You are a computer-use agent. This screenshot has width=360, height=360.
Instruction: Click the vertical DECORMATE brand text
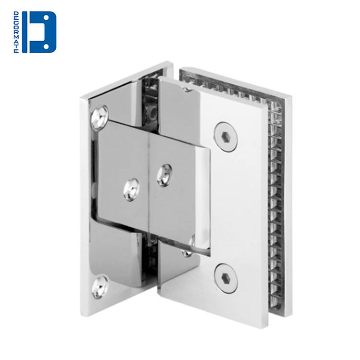[x=16, y=32]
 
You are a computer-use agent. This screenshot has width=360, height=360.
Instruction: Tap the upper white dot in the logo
[x=46, y=18]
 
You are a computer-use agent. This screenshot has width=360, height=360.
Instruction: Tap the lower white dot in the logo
[x=46, y=47]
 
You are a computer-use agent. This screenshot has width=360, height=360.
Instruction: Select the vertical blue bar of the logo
[x=24, y=32]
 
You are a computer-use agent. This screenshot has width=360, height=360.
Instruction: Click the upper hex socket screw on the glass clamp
[x=226, y=137]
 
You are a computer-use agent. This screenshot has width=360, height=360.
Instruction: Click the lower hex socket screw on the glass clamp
[x=226, y=278]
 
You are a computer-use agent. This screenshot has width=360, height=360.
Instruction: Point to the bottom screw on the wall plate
[x=100, y=287]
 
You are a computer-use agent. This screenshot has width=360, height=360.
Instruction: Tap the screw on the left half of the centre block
[x=131, y=190]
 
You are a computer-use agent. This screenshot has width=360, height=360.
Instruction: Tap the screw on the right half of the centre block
[x=165, y=175]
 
